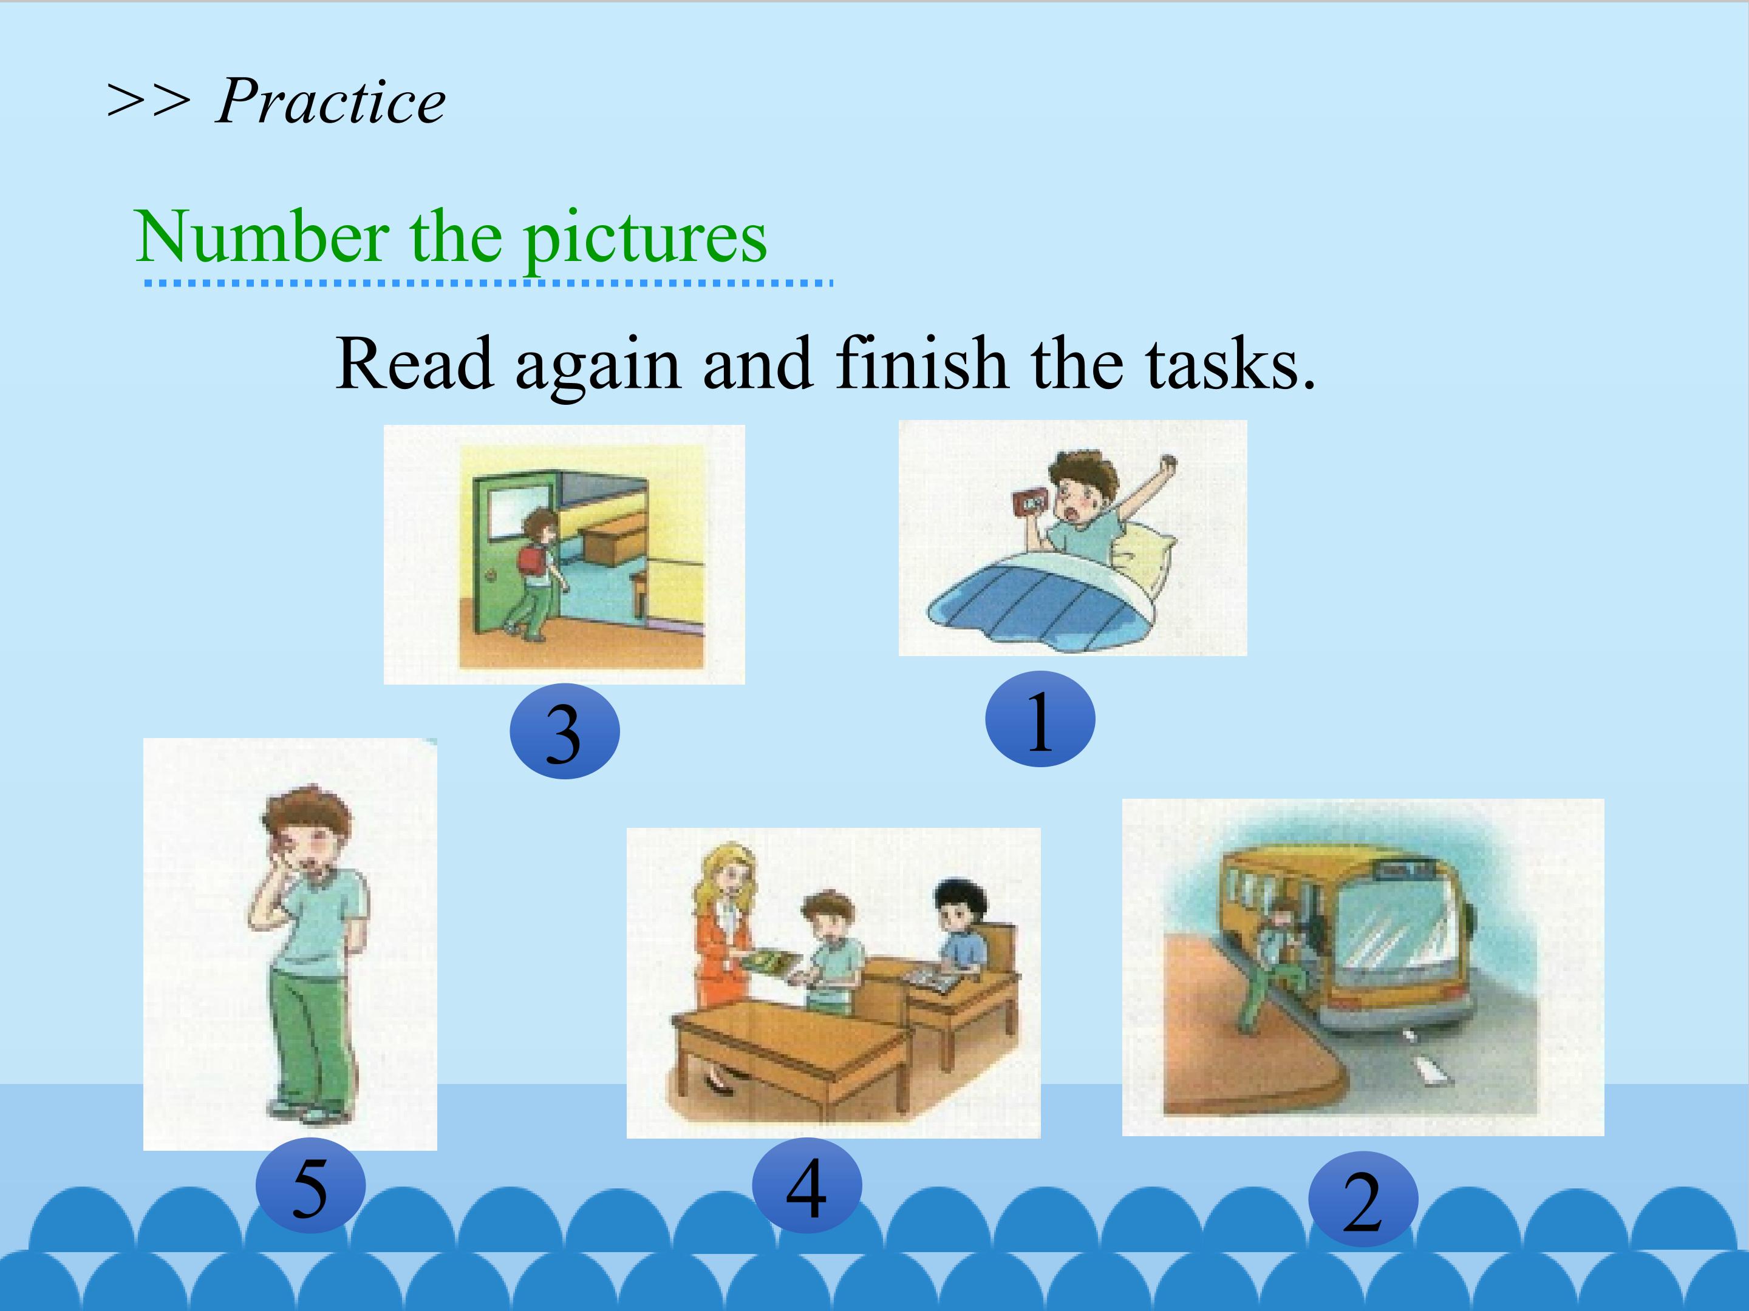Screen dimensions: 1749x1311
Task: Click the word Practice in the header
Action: [x=330, y=103]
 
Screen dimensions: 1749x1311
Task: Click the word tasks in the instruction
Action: [x=1230, y=364]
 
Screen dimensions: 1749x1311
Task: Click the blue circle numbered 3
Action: [x=565, y=731]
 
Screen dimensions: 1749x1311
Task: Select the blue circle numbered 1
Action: [x=1040, y=719]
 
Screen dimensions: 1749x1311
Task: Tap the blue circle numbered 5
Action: [x=310, y=1185]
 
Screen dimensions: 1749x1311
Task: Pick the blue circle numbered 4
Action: [x=806, y=1185]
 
